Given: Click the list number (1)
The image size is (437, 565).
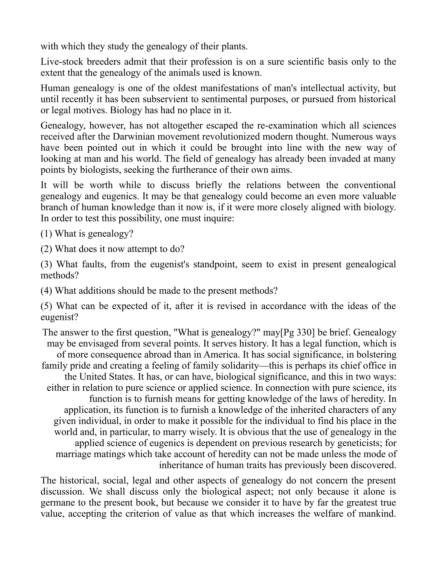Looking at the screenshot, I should pos(46,234).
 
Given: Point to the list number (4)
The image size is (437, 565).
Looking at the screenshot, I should pos(46,291).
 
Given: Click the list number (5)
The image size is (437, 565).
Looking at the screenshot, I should pos(46,306).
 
